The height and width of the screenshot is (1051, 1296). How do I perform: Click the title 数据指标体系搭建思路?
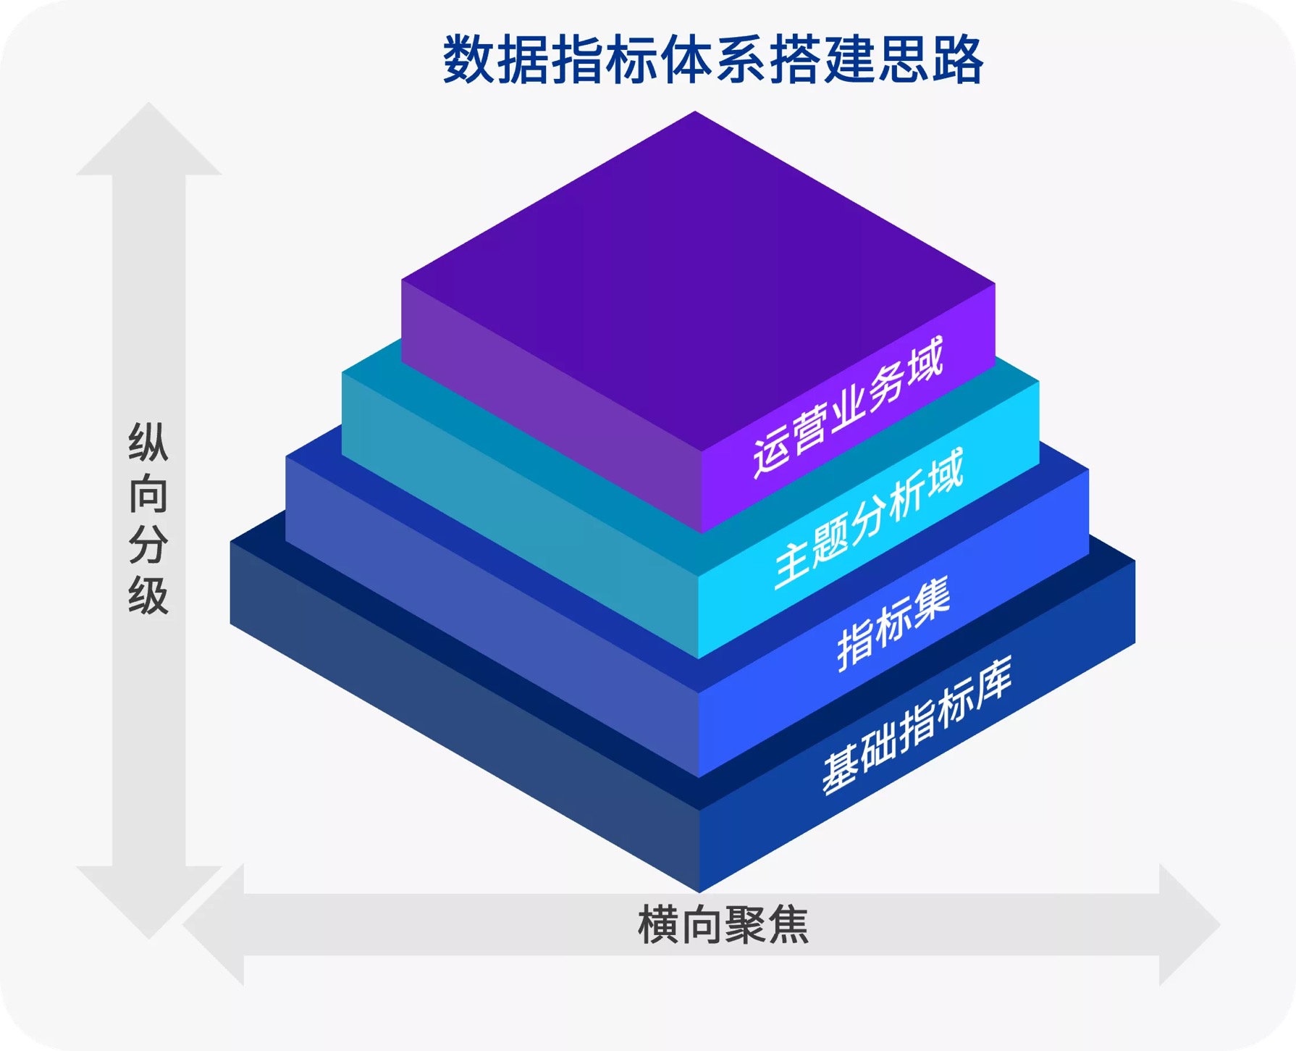coord(712,60)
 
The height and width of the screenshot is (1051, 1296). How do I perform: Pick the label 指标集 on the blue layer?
coord(893,625)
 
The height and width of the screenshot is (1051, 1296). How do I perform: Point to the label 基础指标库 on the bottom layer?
coord(917,727)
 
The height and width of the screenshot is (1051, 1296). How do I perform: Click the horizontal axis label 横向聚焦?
coord(723,925)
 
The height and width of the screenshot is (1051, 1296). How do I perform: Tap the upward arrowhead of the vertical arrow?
coord(149,141)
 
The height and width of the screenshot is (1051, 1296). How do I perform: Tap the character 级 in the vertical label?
coord(148,595)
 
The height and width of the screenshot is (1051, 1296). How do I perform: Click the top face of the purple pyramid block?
coord(697,279)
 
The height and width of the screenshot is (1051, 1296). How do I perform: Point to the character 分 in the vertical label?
coord(148,545)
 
